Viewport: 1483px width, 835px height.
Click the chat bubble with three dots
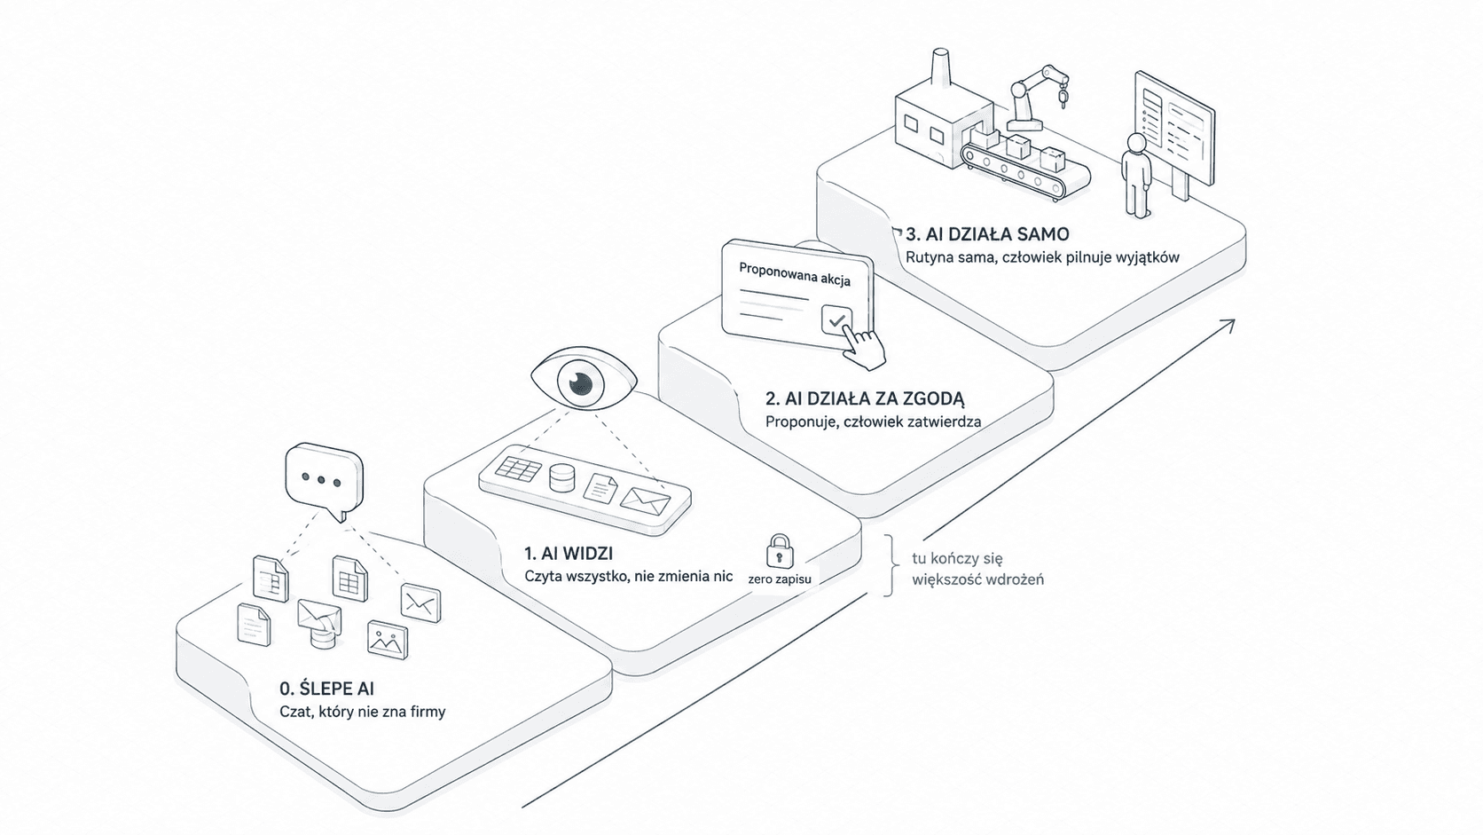tap(324, 481)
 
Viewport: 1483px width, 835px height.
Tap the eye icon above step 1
tap(584, 380)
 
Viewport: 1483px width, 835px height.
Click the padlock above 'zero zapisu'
tap(780, 551)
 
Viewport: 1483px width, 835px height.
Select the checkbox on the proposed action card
tap(836, 320)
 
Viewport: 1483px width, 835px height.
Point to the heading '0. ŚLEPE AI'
tap(326, 689)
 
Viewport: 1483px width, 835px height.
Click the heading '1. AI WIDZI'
tap(569, 553)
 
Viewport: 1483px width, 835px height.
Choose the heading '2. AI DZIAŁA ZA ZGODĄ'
tap(865, 398)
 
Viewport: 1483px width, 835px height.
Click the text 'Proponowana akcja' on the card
tap(795, 274)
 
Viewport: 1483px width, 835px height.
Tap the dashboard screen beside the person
tap(1173, 130)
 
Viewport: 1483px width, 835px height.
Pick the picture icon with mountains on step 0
tap(388, 640)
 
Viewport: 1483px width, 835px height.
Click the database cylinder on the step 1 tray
tap(562, 478)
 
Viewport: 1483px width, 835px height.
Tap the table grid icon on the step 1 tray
tap(518, 469)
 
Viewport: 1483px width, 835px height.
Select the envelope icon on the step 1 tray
tap(646, 501)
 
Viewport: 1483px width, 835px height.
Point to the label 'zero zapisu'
tap(780, 579)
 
